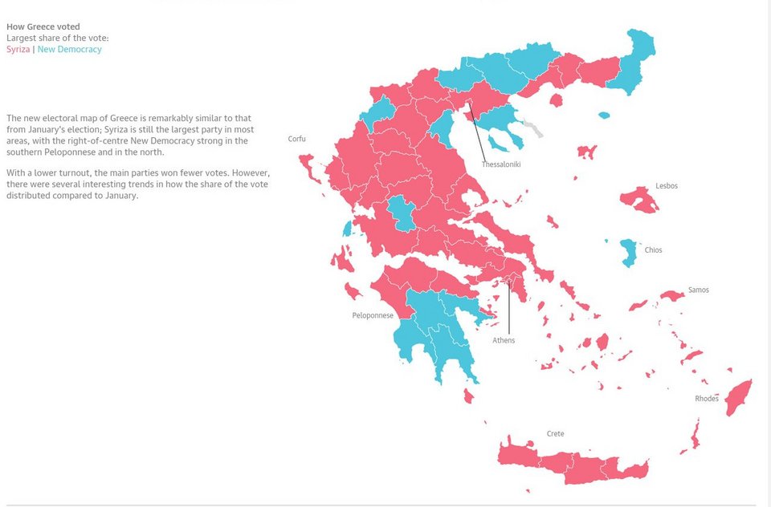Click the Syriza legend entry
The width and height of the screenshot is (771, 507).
[18, 50]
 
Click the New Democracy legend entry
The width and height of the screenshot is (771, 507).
[69, 50]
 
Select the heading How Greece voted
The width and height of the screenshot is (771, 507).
[43, 27]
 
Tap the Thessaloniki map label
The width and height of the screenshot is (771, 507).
[501, 164]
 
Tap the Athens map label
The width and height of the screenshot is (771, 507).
[504, 340]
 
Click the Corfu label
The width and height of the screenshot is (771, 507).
[296, 139]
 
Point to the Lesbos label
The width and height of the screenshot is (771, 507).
[666, 186]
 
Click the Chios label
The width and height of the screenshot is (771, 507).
[653, 250]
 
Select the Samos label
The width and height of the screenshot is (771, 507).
[698, 290]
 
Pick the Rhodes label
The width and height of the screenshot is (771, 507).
[706, 399]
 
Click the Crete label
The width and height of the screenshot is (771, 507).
[555, 434]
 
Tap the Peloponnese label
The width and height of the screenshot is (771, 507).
[373, 315]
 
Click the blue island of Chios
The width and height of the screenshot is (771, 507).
[628, 252]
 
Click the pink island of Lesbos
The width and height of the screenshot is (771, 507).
[640, 199]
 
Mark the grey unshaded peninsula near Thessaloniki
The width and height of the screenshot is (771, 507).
[531, 127]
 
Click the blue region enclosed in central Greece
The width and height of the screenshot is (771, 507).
[401, 213]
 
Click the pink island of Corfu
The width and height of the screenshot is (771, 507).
[308, 166]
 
